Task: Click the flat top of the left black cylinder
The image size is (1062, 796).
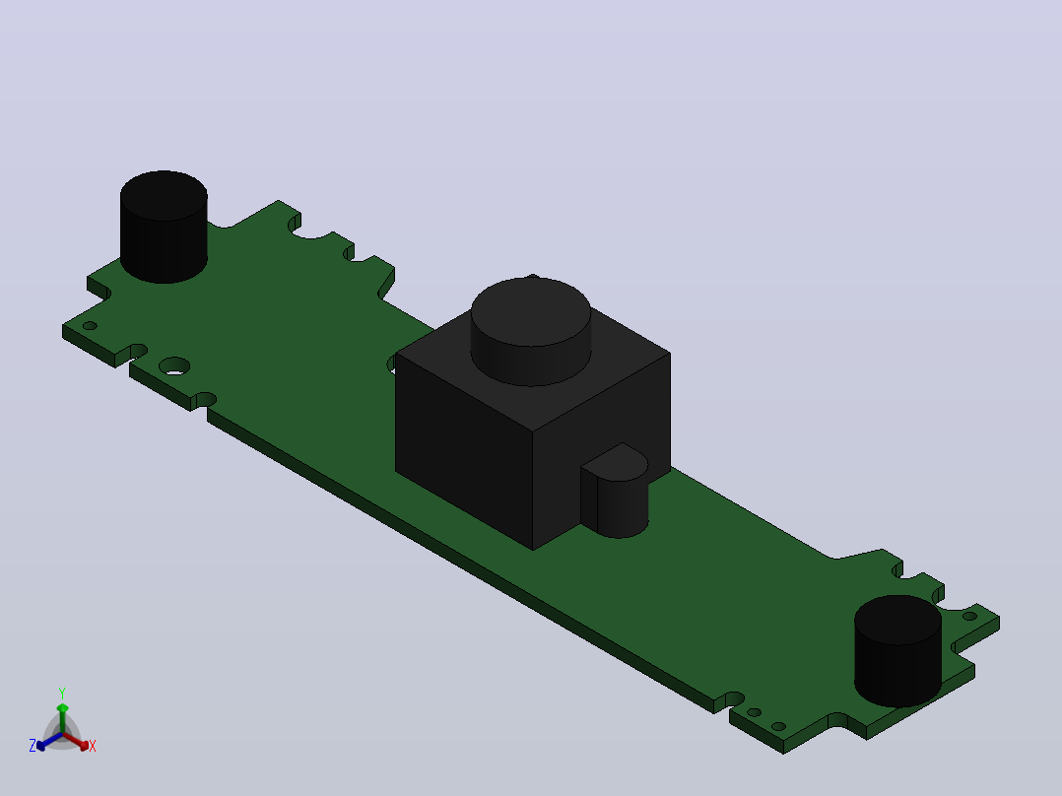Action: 164,195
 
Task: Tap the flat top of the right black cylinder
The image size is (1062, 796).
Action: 897,620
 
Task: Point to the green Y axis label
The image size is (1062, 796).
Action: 62,693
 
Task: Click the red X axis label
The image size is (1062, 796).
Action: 93,746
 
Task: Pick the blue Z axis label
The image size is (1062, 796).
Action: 33,746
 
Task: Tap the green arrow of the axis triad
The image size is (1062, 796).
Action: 62,718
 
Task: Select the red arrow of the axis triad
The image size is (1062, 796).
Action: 76,741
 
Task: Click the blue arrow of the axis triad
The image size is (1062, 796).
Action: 49,741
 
